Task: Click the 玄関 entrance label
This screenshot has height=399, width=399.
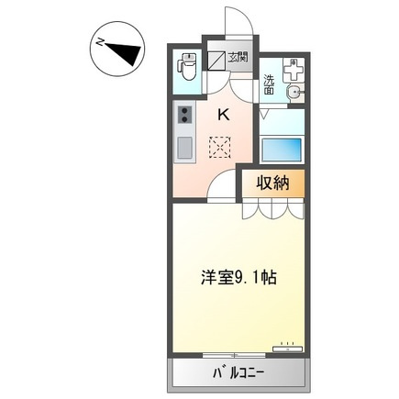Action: pyautogui.click(x=238, y=59)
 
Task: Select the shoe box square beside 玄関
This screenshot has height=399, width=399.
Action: pyautogui.click(x=216, y=61)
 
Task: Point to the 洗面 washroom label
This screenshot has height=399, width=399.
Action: pyautogui.click(x=269, y=83)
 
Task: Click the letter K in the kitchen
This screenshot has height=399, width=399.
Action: pyautogui.click(x=224, y=115)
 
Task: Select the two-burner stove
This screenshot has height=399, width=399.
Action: pyautogui.click(x=183, y=115)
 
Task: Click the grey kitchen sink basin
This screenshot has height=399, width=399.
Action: pyautogui.click(x=183, y=148)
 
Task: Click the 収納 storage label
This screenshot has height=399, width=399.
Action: pyautogui.click(x=272, y=183)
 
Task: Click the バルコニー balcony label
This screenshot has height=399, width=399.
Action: pyautogui.click(x=238, y=373)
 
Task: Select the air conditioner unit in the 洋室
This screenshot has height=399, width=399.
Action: pyautogui.click(x=287, y=348)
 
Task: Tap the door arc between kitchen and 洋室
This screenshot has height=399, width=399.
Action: pyautogui.click(x=223, y=188)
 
